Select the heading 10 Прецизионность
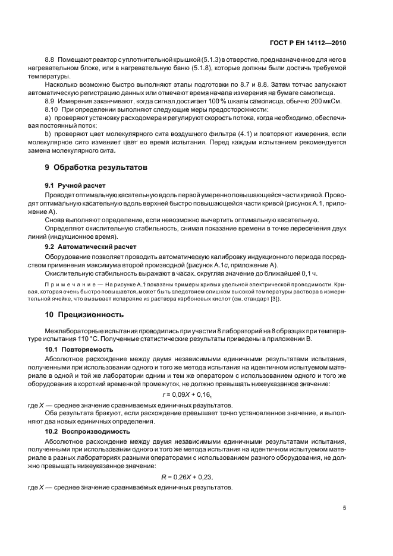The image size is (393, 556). coord(80,314)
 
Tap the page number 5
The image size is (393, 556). coord(345,508)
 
